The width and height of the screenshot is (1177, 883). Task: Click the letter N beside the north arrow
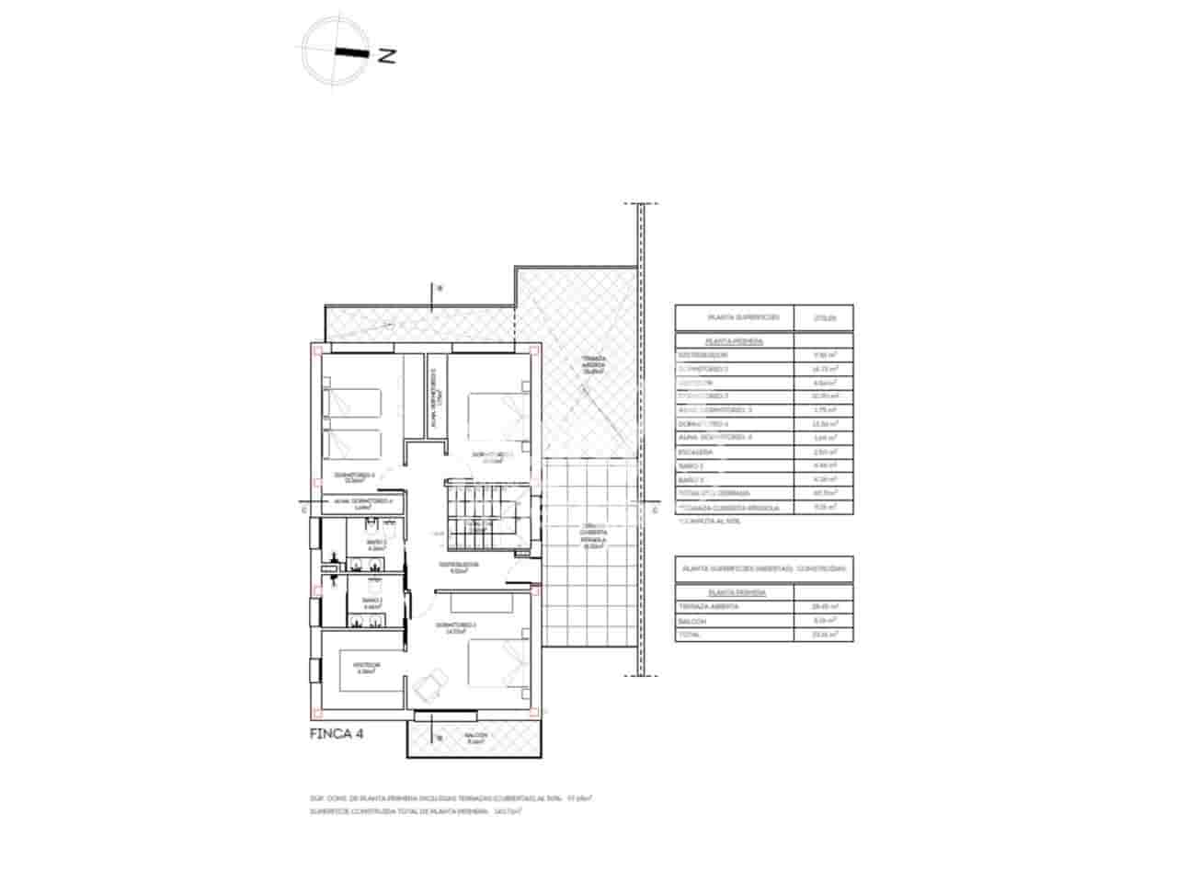(x=387, y=55)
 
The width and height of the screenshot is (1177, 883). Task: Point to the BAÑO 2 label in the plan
(x=374, y=545)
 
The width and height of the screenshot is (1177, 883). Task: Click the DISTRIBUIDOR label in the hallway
(x=458, y=567)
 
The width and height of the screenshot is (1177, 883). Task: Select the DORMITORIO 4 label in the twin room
(x=361, y=476)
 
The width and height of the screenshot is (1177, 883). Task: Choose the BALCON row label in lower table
(x=692, y=621)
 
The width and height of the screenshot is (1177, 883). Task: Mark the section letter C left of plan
(x=303, y=509)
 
